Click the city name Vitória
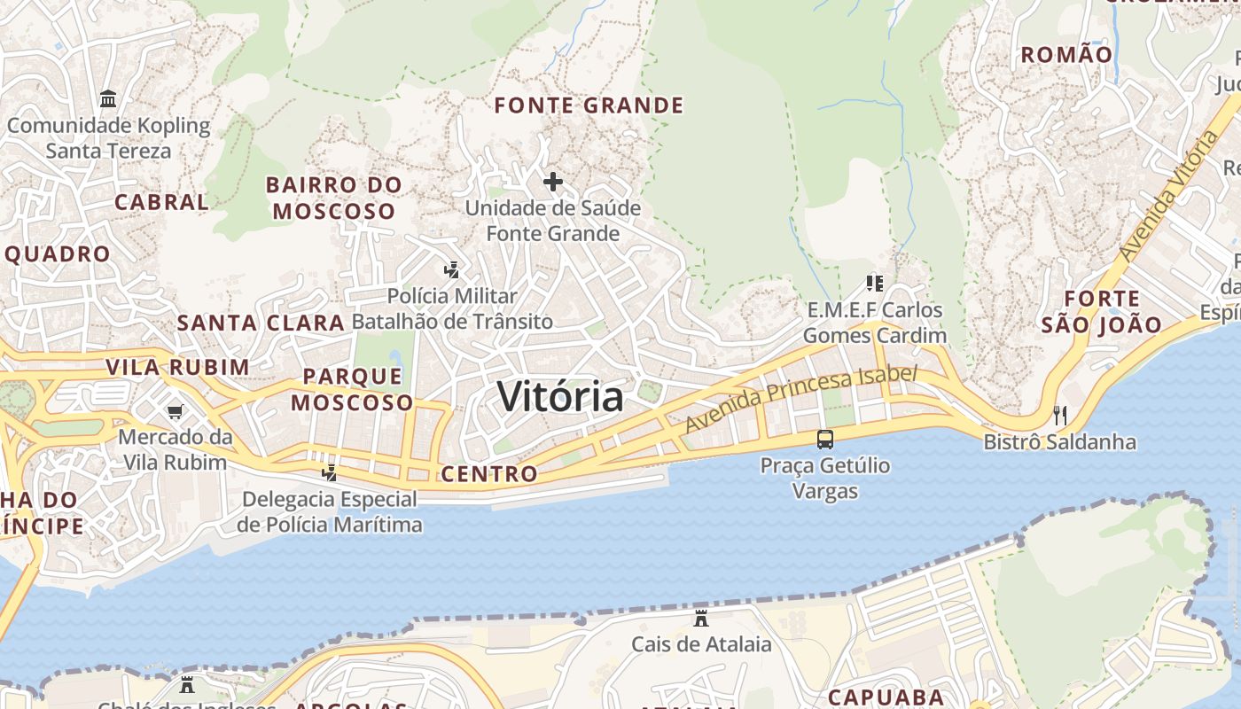560,396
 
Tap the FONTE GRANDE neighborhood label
589,105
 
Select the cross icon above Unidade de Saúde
553,182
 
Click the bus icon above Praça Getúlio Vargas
824,439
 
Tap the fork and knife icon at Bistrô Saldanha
1059,415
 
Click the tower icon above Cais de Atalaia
701,618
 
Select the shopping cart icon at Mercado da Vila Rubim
175,411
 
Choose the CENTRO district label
489,474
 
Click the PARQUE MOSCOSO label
352,389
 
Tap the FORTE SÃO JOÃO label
1102,312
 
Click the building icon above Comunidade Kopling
108,98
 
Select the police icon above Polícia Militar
452,269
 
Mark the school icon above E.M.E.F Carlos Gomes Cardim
875,284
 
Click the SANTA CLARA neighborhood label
261,323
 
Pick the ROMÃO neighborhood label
1066,55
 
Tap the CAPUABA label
886,697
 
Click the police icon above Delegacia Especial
330,472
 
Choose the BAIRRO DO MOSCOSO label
334,198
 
